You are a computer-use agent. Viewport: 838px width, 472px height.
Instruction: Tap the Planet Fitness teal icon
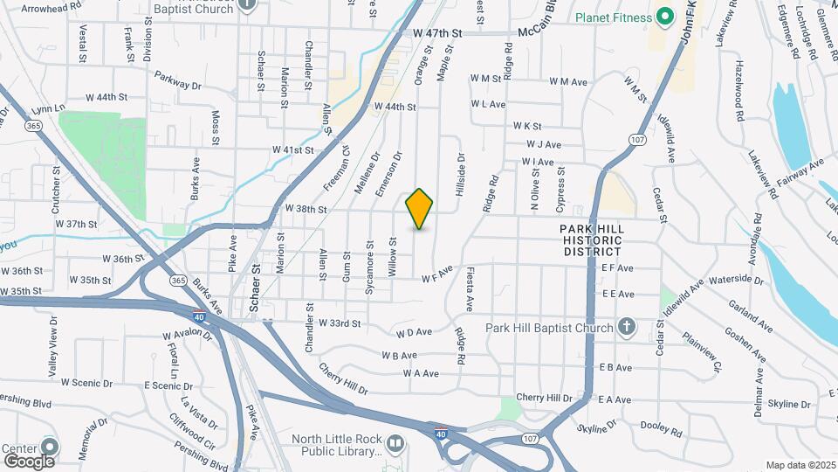665,17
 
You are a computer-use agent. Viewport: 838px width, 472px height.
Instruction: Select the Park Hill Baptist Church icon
626,327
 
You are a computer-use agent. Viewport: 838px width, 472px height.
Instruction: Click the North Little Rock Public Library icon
395,445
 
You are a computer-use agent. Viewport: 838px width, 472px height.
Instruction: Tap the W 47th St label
436,33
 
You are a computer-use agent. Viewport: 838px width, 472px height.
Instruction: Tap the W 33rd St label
339,323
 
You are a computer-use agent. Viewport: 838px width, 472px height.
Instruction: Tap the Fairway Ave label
803,168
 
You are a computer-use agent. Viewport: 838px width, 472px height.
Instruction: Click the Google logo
29,461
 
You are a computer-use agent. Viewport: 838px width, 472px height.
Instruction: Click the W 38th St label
306,210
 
